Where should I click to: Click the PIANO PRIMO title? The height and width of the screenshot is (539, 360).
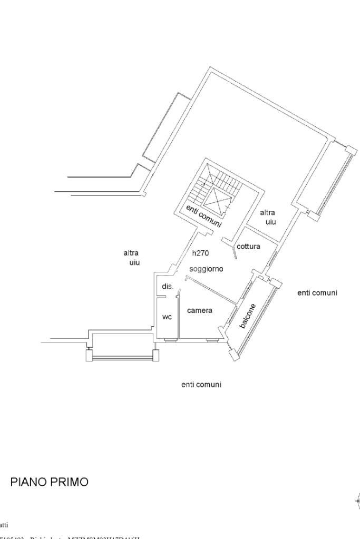[x=50, y=482]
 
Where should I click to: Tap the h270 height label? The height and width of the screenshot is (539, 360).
[x=200, y=253]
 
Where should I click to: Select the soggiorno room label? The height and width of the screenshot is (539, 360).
[x=206, y=269]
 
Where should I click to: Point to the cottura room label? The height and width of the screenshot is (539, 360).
[x=248, y=246]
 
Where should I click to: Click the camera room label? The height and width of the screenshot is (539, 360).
[x=200, y=310]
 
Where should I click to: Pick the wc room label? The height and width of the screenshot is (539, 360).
[x=167, y=317]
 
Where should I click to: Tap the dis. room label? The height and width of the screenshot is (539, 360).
[x=168, y=287]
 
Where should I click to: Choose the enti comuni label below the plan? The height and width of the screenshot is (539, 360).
[x=201, y=385]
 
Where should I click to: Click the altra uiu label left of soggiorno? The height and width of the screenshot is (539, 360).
[x=131, y=257]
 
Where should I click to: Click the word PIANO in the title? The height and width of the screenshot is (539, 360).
[x=27, y=482]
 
